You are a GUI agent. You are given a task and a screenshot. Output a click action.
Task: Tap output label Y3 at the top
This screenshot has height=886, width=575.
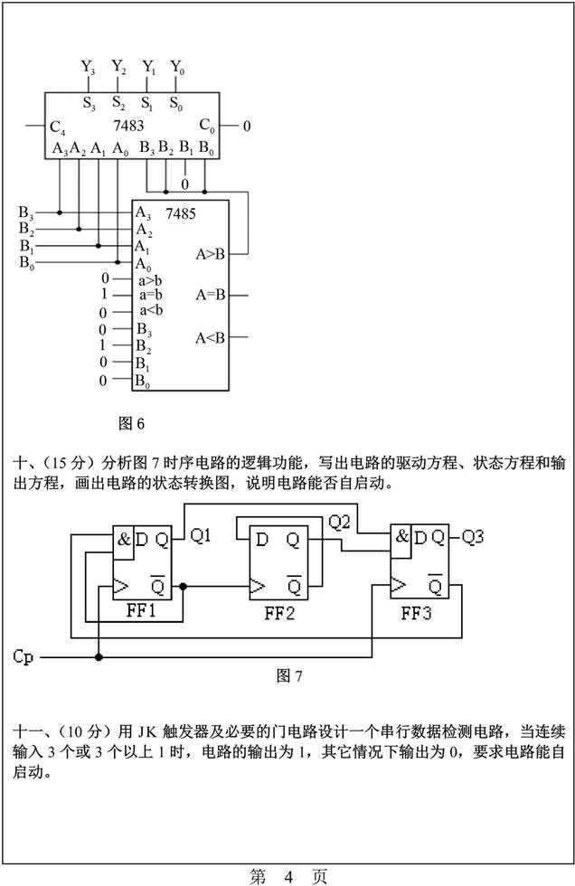(88, 67)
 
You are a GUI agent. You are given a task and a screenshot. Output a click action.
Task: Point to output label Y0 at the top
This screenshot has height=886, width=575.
(177, 67)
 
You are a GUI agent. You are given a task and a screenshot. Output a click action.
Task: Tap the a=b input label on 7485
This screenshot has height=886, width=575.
(150, 295)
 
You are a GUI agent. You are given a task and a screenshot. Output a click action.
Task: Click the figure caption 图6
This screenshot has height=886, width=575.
(132, 422)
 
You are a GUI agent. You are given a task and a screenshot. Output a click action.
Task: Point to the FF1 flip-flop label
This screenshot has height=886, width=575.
(142, 611)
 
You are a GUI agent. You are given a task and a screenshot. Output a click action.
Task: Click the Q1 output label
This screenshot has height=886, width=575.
(201, 537)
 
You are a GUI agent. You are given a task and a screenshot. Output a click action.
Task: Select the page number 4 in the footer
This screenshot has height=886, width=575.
(288, 875)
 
